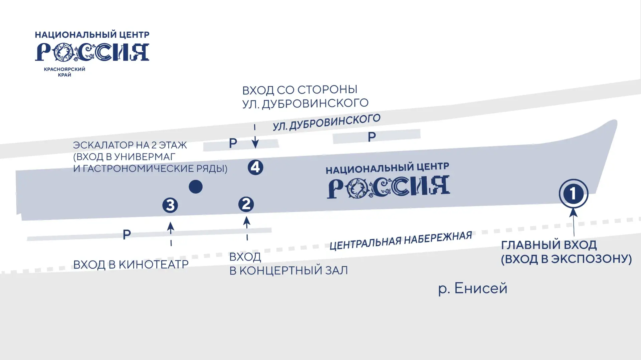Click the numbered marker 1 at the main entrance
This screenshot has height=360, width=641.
click(x=573, y=194)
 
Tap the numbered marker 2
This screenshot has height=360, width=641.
click(x=246, y=204)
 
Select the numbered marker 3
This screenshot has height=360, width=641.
click(x=170, y=205)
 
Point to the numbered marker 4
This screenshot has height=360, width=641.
click(x=255, y=167)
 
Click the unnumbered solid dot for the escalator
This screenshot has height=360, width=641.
click(x=196, y=187)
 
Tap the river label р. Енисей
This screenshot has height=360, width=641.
click(x=473, y=288)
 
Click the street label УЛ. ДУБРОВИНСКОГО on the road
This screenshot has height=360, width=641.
click(x=327, y=122)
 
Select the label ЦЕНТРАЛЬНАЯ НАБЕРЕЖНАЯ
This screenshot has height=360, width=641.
click(x=401, y=241)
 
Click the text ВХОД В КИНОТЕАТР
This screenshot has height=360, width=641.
click(x=131, y=264)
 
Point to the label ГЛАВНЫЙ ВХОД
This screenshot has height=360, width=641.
click(x=549, y=245)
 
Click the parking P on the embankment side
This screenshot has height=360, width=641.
click(x=127, y=235)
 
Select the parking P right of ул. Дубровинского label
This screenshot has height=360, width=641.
click(x=372, y=137)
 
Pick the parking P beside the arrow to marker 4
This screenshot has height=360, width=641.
click(x=233, y=143)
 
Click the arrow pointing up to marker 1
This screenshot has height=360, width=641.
click(x=574, y=222)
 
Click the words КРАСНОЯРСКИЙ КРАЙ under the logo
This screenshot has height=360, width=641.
click(x=64, y=72)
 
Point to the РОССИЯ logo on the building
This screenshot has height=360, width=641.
click(x=388, y=187)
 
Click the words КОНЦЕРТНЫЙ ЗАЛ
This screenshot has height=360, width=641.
click(x=293, y=270)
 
